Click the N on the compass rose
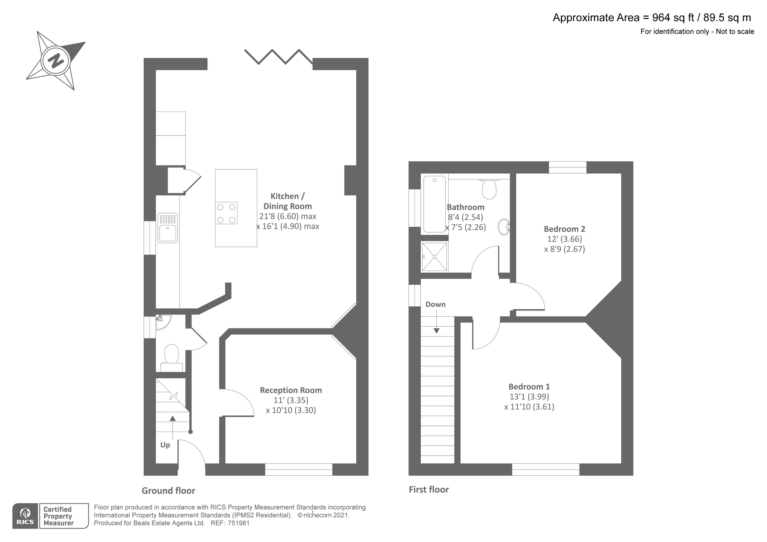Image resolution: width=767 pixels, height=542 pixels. (56, 61)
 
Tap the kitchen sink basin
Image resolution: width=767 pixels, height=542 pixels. (168, 233)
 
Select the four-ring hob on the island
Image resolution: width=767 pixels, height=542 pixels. (226, 213)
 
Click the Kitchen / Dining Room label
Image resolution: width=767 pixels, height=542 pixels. (288, 201)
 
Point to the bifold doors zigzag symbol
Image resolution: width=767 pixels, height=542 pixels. (279, 56)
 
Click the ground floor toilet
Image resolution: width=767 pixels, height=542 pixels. (171, 355)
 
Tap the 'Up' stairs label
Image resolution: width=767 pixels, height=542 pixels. (165, 445)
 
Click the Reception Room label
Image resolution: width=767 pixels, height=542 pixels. (291, 390)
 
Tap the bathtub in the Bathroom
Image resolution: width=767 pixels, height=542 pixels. (435, 204)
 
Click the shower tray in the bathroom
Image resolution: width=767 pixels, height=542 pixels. (434, 256)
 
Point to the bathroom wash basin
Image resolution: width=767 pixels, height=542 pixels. (504, 227)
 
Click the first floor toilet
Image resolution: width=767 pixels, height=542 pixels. (489, 189)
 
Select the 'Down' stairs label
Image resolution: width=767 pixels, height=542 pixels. (435, 304)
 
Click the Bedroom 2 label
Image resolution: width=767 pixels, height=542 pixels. (564, 229)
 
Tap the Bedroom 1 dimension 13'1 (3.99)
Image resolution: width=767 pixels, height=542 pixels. (529, 397)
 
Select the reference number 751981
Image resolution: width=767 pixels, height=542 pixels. (239, 523)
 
